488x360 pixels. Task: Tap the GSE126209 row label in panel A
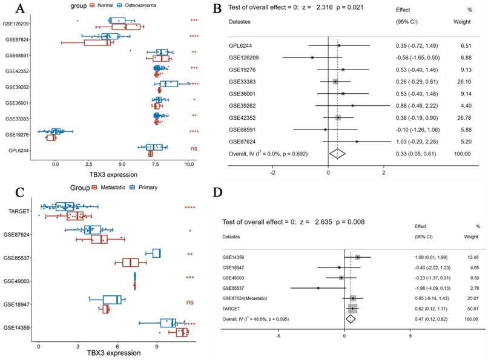18,24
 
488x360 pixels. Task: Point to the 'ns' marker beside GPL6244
194,149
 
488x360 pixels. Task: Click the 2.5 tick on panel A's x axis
88,163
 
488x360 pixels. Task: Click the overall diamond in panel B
337,154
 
